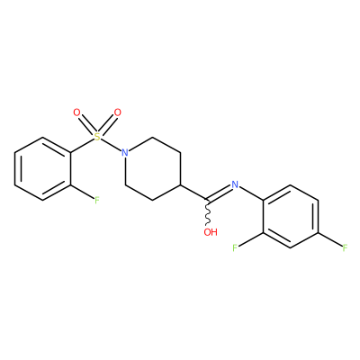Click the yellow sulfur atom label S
pyautogui.click(x=96, y=137)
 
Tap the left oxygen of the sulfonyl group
pyautogui.click(x=77, y=112)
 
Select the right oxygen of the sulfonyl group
pyautogui.click(x=118, y=112)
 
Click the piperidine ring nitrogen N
pyautogui.click(x=125, y=153)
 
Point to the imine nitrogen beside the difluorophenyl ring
pyautogui.click(x=235, y=184)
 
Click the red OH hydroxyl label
pyautogui.click(x=211, y=232)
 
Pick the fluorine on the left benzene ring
pyautogui.click(x=97, y=200)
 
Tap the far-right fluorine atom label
pyautogui.click(x=346, y=247)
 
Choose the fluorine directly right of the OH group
pyautogui.click(x=235, y=247)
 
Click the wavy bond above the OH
pyautogui.click(x=207, y=213)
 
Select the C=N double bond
pyautogui.click(x=219, y=193)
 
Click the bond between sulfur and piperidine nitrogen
pyautogui.click(x=111, y=145)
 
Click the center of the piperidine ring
pyautogui.click(x=153, y=168)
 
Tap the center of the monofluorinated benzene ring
pyautogui.click(x=43, y=168)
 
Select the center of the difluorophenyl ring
pyautogui.click(x=291, y=216)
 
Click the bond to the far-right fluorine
pyautogui.click(x=330, y=239)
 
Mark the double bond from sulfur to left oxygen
pyautogui.click(x=86, y=125)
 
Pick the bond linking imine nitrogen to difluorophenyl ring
pyautogui.click(x=251, y=193)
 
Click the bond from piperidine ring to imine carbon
pyautogui.click(x=194, y=193)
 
